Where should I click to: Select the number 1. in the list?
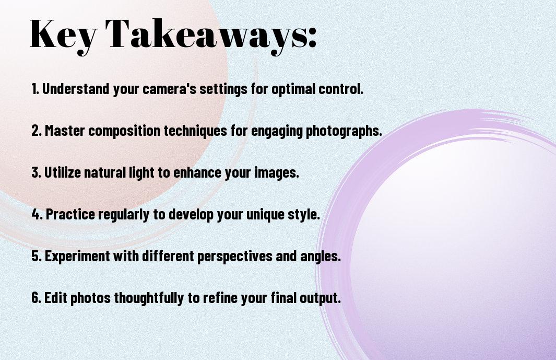[x=35, y=89]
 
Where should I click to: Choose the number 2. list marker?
[x=36, y=131]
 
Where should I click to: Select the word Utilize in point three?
[x=62, y=172]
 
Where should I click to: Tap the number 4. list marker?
[x=37, y=214]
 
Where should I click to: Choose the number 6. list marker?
[x=36, y=298]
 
